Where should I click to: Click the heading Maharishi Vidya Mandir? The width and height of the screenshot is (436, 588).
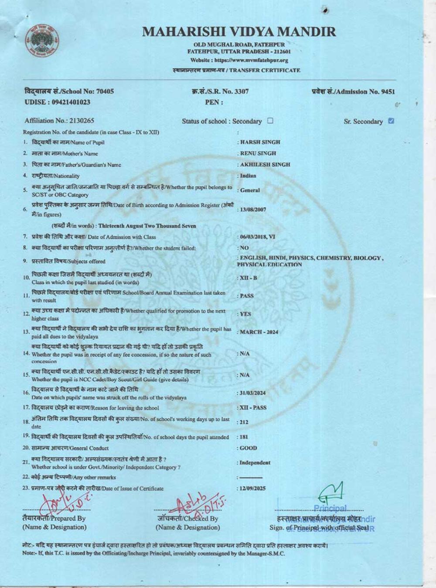[239, 32]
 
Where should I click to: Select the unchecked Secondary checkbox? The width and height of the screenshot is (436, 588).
[270, 121]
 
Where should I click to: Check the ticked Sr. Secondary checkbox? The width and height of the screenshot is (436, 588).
[391, 121]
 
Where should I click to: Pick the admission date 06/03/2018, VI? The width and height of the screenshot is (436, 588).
[258, 237]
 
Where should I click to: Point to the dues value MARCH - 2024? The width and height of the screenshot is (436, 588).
[259, 332]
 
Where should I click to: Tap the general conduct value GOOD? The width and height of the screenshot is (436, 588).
[249, 448]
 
